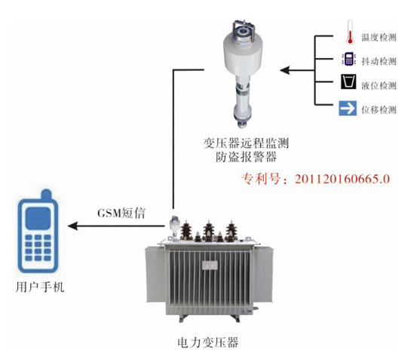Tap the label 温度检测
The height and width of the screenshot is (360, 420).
379,37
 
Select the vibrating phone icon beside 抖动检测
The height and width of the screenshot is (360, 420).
348,59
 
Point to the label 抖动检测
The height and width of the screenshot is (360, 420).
379,61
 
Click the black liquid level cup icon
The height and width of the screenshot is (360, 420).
348,82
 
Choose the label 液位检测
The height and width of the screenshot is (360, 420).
379,85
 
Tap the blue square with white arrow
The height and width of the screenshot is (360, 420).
348,108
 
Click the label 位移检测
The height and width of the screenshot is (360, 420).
379,109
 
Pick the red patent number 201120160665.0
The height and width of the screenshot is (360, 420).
342,179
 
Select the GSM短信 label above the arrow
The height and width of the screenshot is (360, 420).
121,213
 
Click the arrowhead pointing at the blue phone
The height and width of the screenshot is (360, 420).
72,226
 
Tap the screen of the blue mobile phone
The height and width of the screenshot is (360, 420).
38,218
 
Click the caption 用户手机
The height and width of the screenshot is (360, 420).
40,287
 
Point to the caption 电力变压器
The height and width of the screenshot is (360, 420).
208,343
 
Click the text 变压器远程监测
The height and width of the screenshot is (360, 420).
246,143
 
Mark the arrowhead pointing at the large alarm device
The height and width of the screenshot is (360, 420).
284,70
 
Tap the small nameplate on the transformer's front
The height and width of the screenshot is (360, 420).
210,266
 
